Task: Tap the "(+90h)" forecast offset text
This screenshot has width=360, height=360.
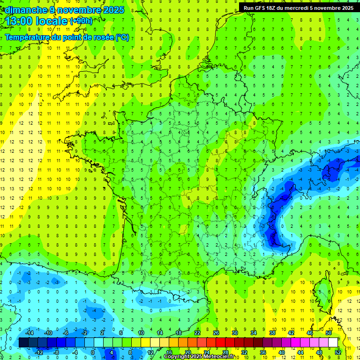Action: coord(81,21)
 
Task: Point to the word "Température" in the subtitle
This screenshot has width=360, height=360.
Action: coord(29,37)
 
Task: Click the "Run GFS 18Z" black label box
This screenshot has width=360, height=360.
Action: coord(299,8)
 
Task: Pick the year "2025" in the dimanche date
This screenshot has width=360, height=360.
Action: coord(114,10)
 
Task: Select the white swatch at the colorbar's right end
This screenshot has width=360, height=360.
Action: coord(333,343)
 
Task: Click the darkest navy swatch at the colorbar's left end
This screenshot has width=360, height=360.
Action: coord(23,343)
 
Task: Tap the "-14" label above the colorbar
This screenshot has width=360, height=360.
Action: coord(29,333)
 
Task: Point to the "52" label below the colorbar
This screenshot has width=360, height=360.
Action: coord(338,352)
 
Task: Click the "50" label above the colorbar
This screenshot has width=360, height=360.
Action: coord(328,333)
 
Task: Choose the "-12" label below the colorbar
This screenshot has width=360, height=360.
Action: coord(39,352)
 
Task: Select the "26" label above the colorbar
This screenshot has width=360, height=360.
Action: coord(216,333)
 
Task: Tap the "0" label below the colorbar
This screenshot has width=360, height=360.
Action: coord(93,352)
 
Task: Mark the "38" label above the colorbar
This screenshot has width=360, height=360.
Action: coord(272,333)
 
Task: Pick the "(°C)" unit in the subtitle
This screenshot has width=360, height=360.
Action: coord(122,37)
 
